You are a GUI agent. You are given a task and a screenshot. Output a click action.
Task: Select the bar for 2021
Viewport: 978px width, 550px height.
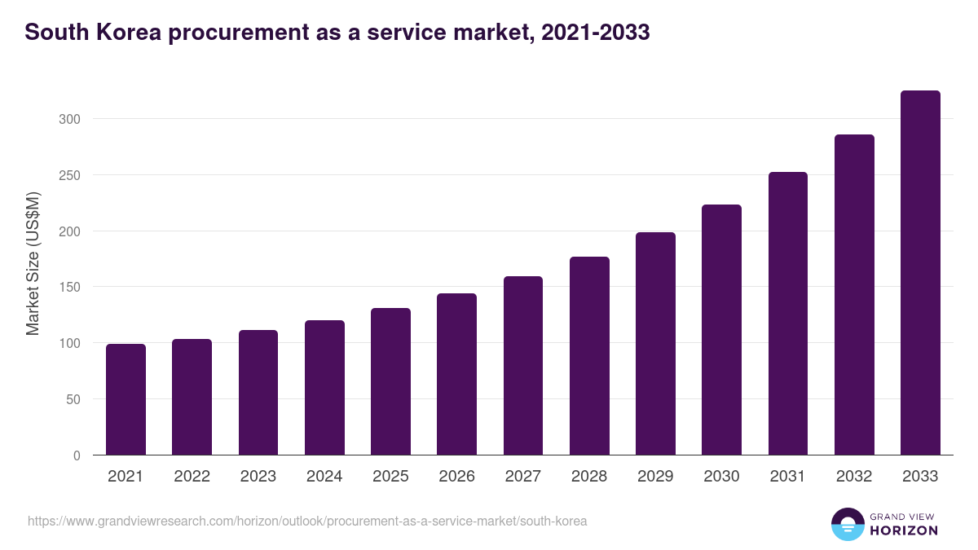click(x=126, y=399)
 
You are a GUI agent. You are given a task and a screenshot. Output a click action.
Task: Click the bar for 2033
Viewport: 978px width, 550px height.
click(x=920, y=273)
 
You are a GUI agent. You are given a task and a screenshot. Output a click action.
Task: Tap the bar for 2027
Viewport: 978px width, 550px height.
click(x=523, y=366)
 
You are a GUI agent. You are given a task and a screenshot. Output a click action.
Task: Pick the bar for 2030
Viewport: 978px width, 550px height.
click(x=721, y=330)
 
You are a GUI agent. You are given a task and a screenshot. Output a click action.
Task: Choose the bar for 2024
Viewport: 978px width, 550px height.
click(x=324, y=388)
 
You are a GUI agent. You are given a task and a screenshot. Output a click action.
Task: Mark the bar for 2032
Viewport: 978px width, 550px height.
click(x=854, y=295)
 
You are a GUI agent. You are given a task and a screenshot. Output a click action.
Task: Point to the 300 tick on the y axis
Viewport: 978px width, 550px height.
click(x=71, y=119)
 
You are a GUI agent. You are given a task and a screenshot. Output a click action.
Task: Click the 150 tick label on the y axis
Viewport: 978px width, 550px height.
click(x=71, y=288)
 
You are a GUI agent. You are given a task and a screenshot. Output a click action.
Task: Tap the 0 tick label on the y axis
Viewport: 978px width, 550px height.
click(x=77, y=455)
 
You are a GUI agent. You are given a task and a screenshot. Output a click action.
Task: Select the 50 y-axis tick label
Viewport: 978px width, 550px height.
click(x=74, y=399)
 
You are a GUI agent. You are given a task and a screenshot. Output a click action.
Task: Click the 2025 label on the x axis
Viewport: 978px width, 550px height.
click(x=390, y=477)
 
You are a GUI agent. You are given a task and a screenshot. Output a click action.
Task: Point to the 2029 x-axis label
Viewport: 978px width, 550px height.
click(x=655, y=477)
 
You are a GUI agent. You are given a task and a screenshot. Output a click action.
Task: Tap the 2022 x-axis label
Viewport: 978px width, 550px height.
click(x=192, y=477)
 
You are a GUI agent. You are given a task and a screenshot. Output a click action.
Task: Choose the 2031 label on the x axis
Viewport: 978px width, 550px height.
click(x=788, y=477)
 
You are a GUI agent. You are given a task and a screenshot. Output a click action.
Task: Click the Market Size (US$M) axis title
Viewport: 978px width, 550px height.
click(x=33, y=263)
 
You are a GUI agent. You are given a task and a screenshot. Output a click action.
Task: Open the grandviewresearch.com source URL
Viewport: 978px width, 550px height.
click(x=307, y=521)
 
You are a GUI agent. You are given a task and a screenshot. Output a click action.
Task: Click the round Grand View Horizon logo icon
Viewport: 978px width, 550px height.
click(x=848, y=524)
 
